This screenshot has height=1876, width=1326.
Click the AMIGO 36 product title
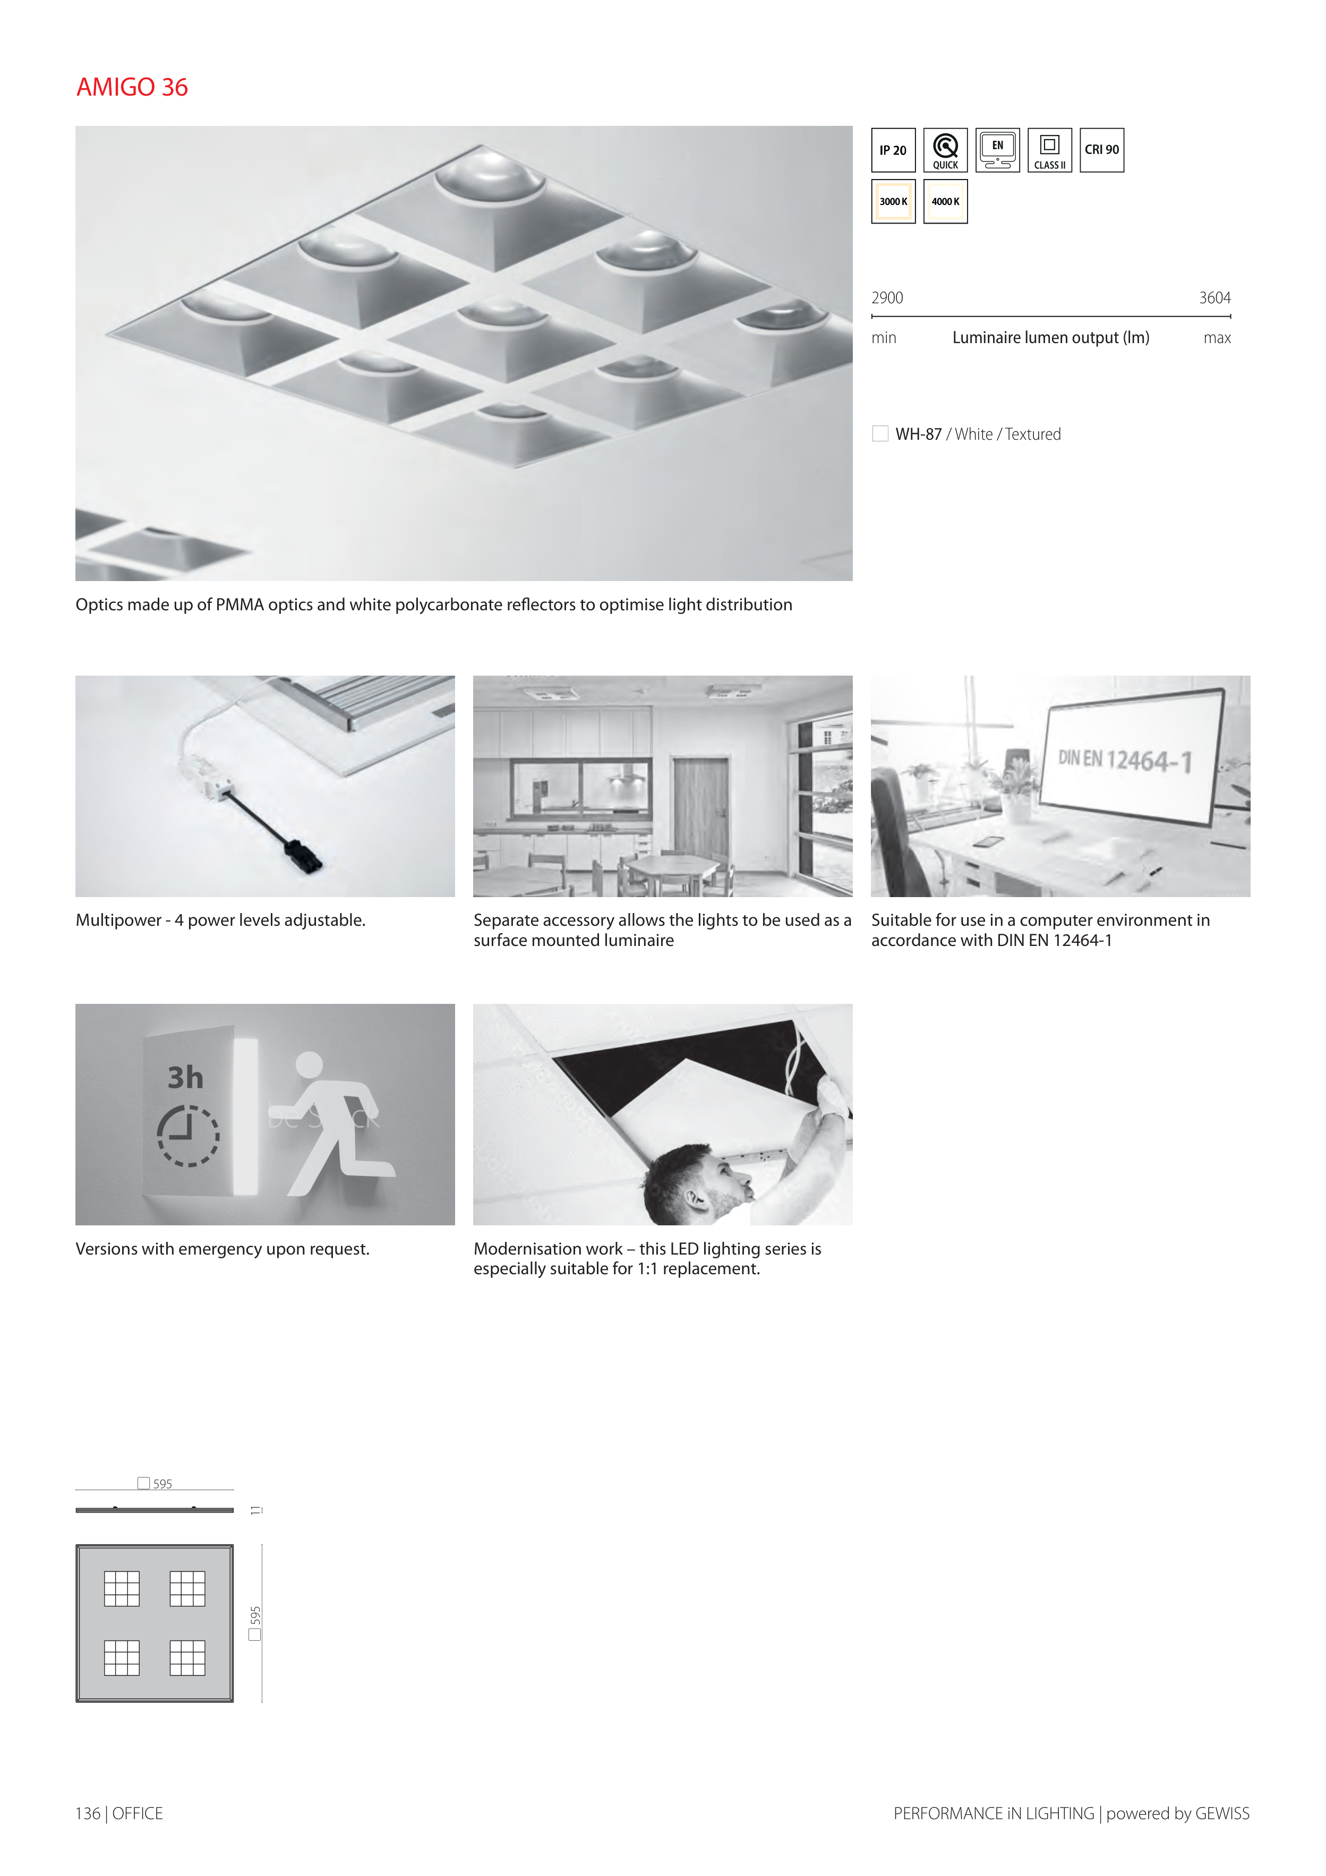pos(132,87)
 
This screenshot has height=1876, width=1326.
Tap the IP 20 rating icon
pos(893,150)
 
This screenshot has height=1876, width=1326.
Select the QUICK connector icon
pos(945,150)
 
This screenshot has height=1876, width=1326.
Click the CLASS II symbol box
pos(1050,150)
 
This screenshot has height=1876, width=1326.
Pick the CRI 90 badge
pos(1102,150)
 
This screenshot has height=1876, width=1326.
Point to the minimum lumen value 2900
pos(887,298)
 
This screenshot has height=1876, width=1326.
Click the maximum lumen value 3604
pos(1215,298)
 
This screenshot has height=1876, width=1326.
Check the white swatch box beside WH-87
pos(880,434)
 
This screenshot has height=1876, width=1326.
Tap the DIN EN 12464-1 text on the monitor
pos(1125,761)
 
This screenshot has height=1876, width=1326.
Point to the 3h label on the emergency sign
pos(185,1078)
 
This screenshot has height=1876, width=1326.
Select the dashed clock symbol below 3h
pos(188,1135)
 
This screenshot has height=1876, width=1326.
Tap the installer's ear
pos(695,1199)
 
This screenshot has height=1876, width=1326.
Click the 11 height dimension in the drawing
pos(256,1510)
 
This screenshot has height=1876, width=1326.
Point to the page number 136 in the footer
pos(88,1813)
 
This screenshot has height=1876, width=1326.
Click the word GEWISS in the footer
pos(1222,1813)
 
